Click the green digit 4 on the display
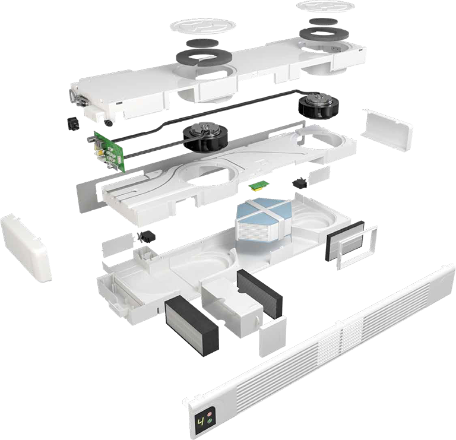coord(201,422)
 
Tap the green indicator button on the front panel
coord(210,420)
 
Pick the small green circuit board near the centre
coord(259,186)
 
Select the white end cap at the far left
coord(26,247)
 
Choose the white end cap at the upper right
coord(387,130)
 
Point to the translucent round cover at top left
coord(203,26)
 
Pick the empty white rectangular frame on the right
coord(357,247)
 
